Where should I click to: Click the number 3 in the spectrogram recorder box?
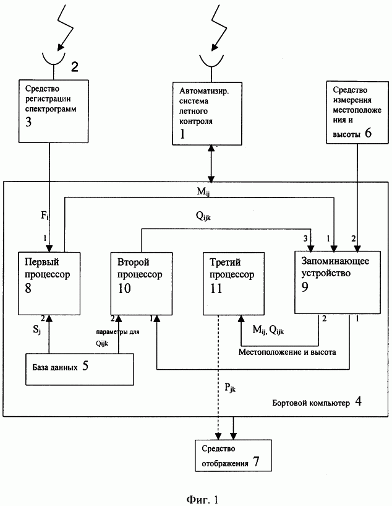coord(28,121)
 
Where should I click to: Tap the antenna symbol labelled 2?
coord(53,59)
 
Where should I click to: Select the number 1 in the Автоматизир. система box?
coord(182,133)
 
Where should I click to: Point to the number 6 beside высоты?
coord(368,133)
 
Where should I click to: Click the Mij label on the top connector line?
coord(203,191)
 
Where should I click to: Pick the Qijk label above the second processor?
coord(203,216)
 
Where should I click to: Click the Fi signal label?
coord(45,216)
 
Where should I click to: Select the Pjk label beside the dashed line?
coord(230,387)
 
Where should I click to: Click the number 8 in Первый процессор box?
coord(28,288)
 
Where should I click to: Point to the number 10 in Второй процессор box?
coord(124,288)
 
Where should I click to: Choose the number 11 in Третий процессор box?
coord(216,288)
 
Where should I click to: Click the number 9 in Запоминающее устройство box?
coord(305,287)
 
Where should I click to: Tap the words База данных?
coord(55,367)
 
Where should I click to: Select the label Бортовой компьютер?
coord(311,403)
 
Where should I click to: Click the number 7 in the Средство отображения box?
coord(256,462)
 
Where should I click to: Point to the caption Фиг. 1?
coord(203,500)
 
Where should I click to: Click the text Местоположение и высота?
coord(287,352)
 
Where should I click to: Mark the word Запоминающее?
coord(335,261)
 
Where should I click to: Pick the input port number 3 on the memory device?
coord(305,238)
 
